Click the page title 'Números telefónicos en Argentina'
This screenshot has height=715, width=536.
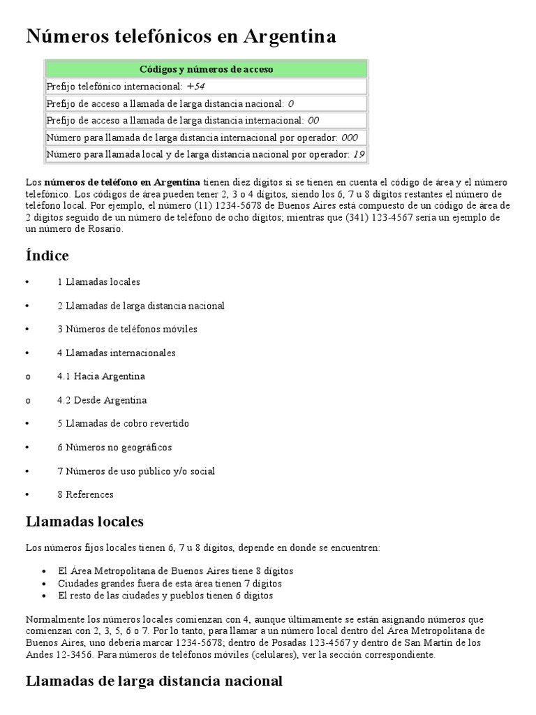pyautogui.click(x=181, y=36)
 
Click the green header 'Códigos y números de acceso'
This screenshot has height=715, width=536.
pyautogui.click(x=206, y=69)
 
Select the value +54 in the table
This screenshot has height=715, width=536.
pyautogui.click(x=195, y=87)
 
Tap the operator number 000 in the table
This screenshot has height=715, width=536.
pyautogui.click(x=350, y=138)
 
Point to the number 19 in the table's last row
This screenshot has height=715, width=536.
pyautogui.click(x=359, y=154)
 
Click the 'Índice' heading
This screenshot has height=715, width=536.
pyautogui.click(x=47, y=256)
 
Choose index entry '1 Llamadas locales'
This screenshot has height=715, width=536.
pyautogui.click(x=98, y=282)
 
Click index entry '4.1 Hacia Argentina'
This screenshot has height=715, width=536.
pyautogui.click(x=101, y=376)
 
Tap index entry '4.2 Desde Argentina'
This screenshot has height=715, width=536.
pyautogui.click(x=102, y=400)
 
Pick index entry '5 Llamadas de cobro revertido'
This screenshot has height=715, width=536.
pyautogui.click(x=123, y=424)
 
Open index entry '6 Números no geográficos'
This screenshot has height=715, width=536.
pyautogui.click(x=114, y=448)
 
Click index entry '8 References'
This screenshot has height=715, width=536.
pyautogui.click(x=85, y=495)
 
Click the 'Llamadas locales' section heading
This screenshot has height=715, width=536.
pyautogui.click(x=84, y=522)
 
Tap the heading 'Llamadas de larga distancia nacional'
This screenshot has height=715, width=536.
pyautogui.click(x=154, y=681)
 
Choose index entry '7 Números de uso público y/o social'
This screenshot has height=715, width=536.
pyautogui.click(x=136, y=471)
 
